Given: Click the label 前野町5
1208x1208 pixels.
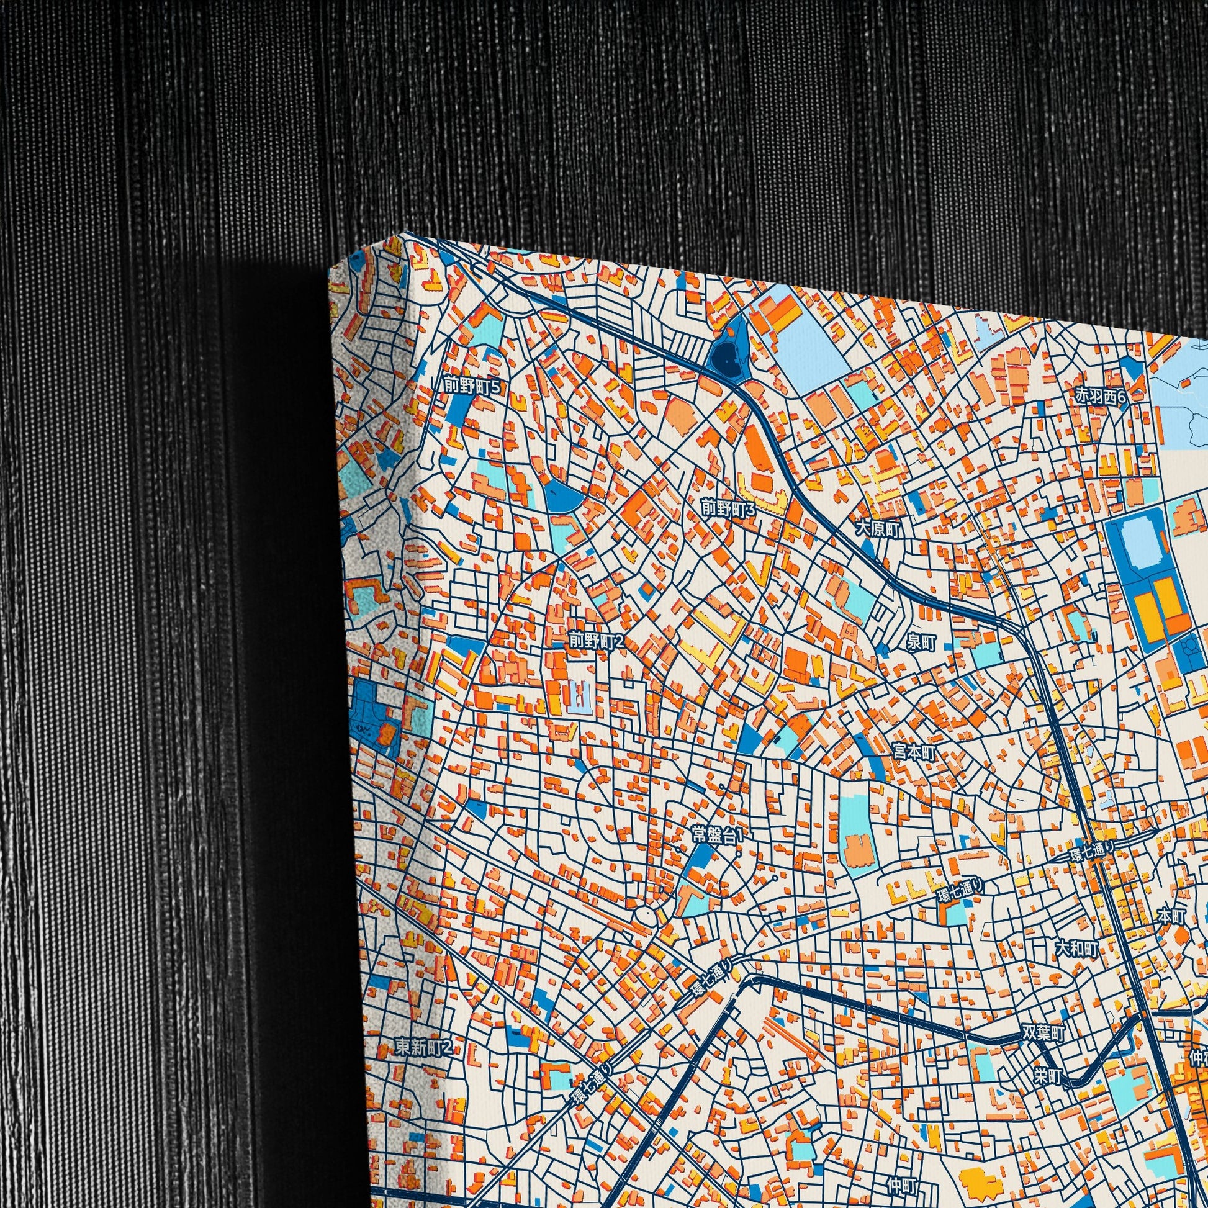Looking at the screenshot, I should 472,386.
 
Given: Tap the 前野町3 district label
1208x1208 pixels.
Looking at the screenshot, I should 728,509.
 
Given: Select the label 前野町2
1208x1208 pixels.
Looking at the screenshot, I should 597,640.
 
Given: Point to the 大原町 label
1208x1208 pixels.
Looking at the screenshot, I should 878,530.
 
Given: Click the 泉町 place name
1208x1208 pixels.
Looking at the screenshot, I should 921,642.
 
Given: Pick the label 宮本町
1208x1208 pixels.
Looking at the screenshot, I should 914,753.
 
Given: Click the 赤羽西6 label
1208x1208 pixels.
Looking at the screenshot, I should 1100,396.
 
